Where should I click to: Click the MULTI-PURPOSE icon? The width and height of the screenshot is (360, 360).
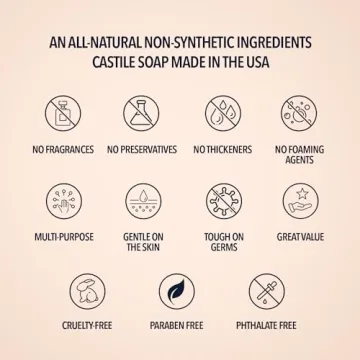point(58,202)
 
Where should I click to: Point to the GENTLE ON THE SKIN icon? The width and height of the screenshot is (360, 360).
point(140,202)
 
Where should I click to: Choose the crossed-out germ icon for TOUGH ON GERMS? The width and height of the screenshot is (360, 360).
point(221,202)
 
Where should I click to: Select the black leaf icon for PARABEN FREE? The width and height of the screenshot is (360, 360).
point(180,292)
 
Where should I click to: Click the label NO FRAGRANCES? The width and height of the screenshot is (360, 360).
point(58,150)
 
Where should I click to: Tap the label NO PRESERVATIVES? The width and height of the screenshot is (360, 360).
point(140,150)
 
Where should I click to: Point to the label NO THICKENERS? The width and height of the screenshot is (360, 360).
point(221,150)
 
